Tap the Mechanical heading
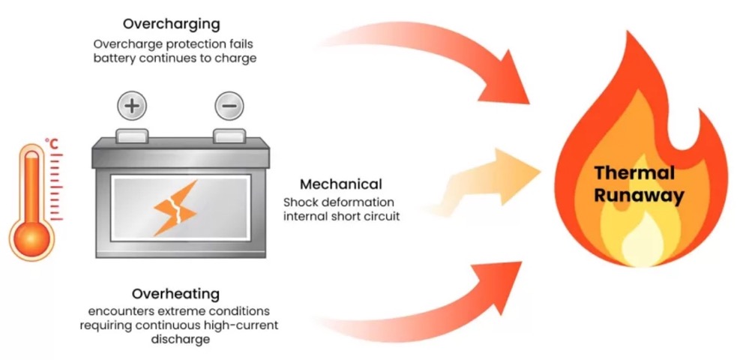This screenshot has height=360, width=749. (341, 184)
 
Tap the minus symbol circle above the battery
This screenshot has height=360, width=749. (229, 106)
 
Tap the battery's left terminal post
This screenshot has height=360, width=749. (131, 135)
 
